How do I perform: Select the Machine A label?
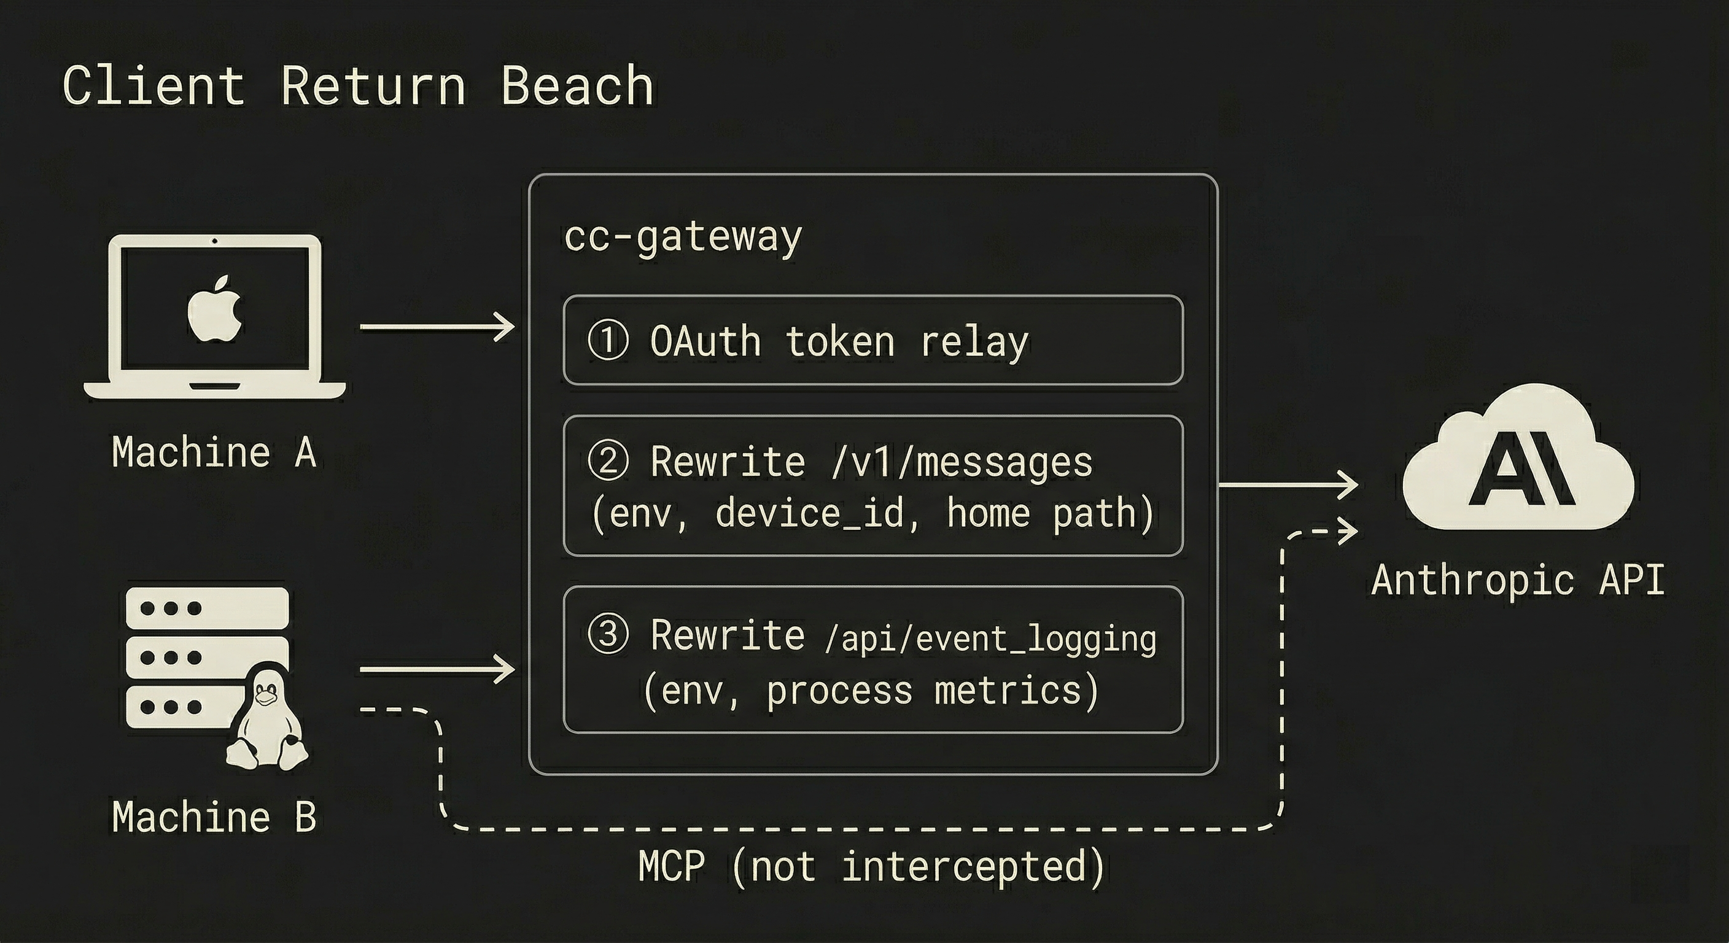pos(214,452)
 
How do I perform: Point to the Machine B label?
pos(214,817)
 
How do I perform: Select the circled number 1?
pos(608,340)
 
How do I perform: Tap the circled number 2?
pos(608,461)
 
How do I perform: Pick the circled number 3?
pos(608,634)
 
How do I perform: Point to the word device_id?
pos(809,514)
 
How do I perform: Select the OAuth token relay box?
pos(872,340)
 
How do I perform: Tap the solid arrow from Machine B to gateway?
pos(437,670)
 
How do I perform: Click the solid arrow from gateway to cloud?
pos(1285,484)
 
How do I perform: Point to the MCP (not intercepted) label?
pos(871,866)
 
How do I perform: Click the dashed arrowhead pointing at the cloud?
pos(1348,532)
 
